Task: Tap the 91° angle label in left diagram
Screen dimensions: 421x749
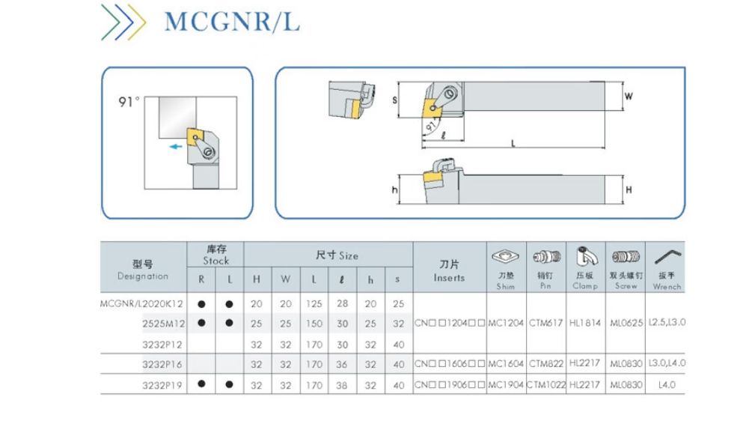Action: pyautogui.click(x=129, y=102)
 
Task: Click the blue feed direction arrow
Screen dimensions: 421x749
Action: pyautogui.click(x=177, y=147)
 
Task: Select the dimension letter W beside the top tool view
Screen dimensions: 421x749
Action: pyautogui.click(x=629, y=97)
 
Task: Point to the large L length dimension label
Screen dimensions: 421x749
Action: pyautogui.click(x=513, y=143)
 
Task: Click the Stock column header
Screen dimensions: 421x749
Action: pyautogui.click(x=215, y=255)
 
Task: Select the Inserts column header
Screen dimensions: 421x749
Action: pyautogui.click(x=449, y=271)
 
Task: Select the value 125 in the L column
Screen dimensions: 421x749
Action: pyautogui.click(x=313, y=303)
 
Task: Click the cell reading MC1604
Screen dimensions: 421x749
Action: pyautogui.click(x=507, y=363)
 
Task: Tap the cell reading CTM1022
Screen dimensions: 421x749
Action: pyautogui.click(x=546, y=384)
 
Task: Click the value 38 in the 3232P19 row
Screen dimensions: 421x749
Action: pyautogui.click(x=341, y=384)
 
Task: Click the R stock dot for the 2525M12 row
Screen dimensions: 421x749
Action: pyautogui.click(x=201, y=323)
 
